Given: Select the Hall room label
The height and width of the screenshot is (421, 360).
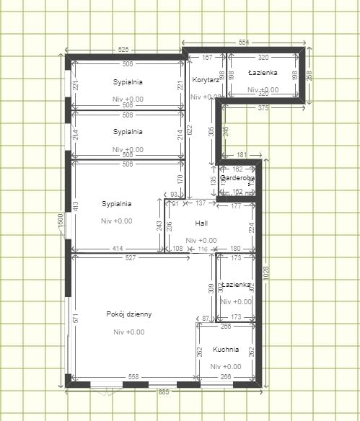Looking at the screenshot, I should (x=201, y=223).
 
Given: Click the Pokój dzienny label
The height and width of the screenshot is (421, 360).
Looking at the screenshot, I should (x=128, y=314).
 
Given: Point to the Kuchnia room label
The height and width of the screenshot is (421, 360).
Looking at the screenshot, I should (x=225, y=350).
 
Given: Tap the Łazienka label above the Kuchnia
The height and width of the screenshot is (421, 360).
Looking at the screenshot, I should (x=237, y=285).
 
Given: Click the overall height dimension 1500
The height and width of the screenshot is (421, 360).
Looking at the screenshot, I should (x=61, y=223).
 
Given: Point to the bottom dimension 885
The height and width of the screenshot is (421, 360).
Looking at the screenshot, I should (x=164, y=392).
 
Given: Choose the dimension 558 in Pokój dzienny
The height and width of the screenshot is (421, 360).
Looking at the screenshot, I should (x=133, y=377).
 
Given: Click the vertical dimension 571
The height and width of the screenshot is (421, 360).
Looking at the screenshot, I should (x=75, y=318).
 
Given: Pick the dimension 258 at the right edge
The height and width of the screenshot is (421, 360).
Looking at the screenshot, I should (x=309, y=75).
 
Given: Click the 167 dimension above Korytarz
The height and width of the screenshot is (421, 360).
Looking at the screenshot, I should (x=207, y=57).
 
